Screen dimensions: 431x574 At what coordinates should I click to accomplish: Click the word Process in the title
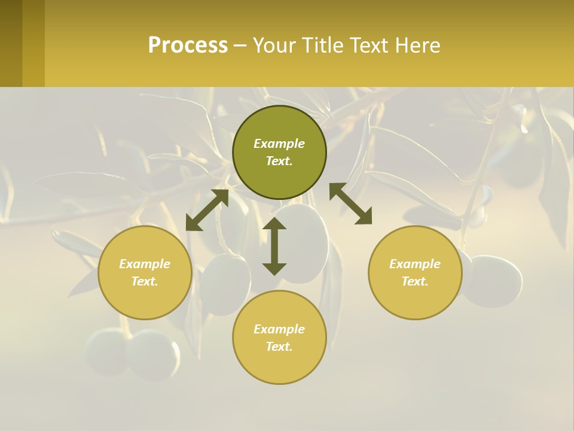188,45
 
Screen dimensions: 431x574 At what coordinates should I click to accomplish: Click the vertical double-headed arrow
274,246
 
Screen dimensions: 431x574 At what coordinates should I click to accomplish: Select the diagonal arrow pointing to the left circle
207,210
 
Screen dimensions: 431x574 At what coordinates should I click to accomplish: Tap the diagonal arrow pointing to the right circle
351,204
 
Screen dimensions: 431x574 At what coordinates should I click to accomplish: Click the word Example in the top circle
279,144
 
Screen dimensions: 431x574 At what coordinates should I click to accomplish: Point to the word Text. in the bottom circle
279,347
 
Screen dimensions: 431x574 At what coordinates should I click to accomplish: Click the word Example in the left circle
145,264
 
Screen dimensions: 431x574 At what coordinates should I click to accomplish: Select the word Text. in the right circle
415,281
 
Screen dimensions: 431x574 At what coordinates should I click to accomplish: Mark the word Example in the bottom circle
279,329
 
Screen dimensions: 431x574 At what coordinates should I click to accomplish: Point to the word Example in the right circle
415,264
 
